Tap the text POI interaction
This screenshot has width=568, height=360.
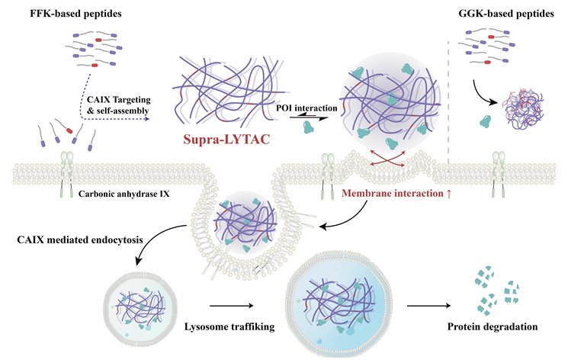coord(306,108)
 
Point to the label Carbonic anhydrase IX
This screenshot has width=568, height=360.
coord(124,194)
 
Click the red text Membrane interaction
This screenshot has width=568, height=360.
coord(391,194)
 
